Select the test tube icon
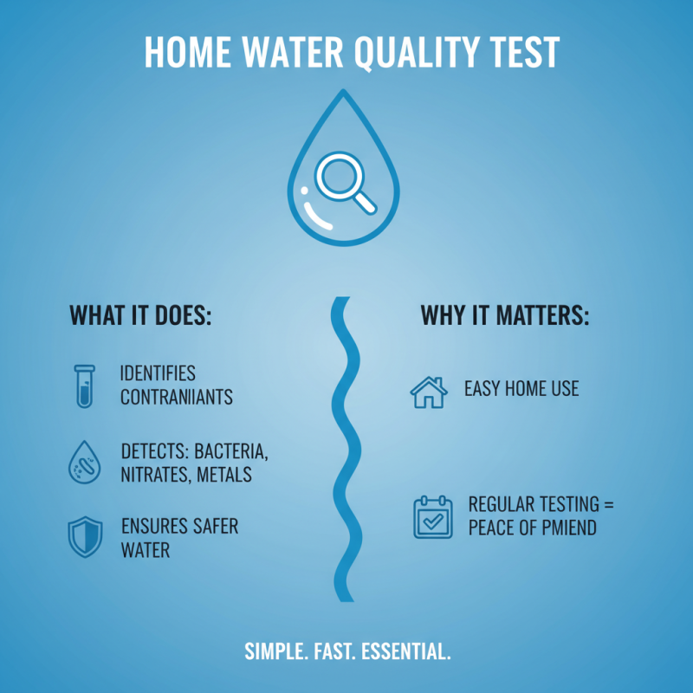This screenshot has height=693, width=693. click(84, 385)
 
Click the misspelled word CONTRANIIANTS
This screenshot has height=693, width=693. click(177, 398)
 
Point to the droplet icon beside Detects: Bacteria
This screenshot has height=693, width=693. click(84, 463)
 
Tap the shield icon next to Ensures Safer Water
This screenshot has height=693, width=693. click(84, 537)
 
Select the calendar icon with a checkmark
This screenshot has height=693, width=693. click(431, 517)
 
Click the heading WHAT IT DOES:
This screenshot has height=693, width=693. click(140, 316)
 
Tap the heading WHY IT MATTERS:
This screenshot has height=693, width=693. click(505, 316)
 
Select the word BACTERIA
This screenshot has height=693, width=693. click(235, 450)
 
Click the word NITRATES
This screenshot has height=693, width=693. click(153, 474)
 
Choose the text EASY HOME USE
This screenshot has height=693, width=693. click(521, 389)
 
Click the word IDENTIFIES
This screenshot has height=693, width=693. click(158, 374)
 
